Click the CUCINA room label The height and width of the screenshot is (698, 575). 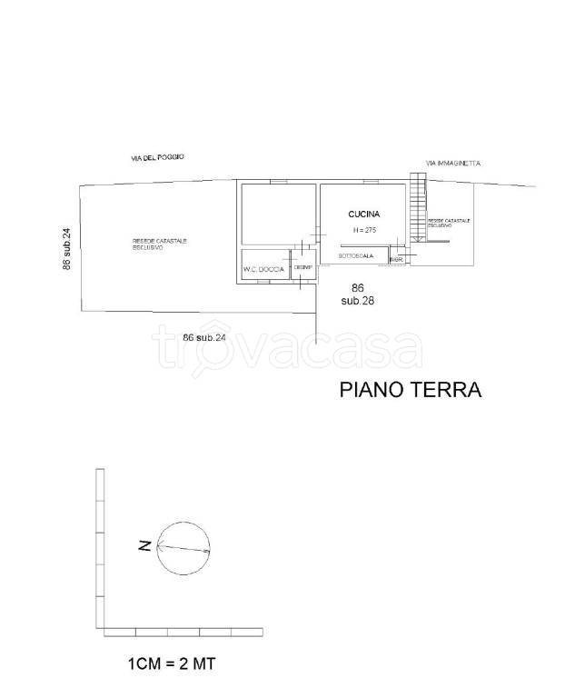tap(363, 214)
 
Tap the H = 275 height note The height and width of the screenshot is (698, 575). tap(364, 231)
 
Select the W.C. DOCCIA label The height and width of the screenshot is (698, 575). tap(263, 270)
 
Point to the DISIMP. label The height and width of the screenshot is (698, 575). tap(302, 267)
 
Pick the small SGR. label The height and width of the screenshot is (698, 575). tap(395, 260)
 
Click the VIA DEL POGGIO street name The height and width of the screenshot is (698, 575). tap(157, 158)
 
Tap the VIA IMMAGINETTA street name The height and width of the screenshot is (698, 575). tap(453, 164)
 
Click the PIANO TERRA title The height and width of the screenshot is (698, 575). tap(410, 390)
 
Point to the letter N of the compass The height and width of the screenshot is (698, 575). tap(144, 546)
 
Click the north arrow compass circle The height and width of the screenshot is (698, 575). tap(183, 550)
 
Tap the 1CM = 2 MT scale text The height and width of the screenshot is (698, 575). tap(171, 664)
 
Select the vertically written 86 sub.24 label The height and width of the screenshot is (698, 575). tap(66, 248)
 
